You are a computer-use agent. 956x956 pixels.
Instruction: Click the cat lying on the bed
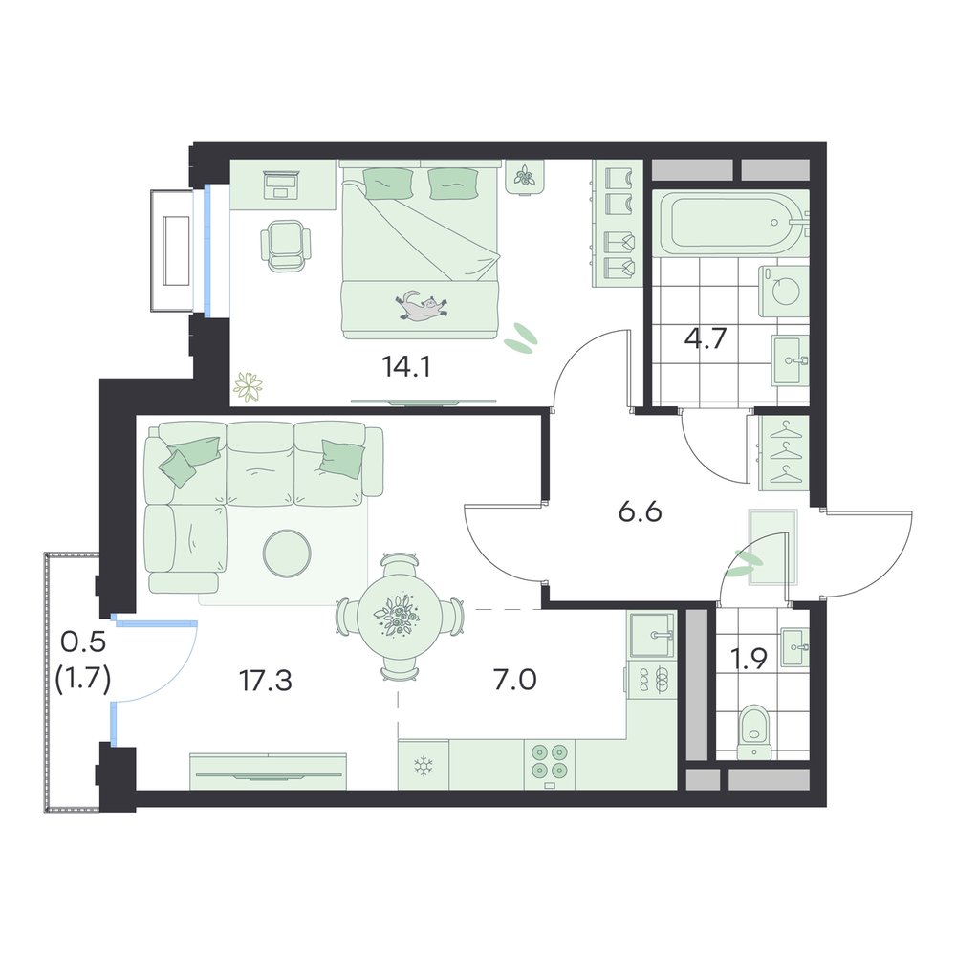pyautogui.click(x=421, y=306)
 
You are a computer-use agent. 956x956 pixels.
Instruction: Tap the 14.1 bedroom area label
pyautogui.click(x=406, y=366)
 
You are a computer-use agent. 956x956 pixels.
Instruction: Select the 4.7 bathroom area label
pyautogui.click(x=705, y=337)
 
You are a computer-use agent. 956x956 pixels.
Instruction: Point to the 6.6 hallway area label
pyautogui.click(x=640, y=512)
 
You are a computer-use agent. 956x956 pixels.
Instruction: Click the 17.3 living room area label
pyautogui.click(x=266, y=680)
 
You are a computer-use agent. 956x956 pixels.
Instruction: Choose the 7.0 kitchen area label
pyautogui.click(x=514, y=679)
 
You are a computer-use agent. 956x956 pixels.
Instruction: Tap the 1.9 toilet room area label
pyautogui.click(x=749, y=659)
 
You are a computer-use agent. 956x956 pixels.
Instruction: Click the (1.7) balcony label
pyautogui.click(x=83, y=678)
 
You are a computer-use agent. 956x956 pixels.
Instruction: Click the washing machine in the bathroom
pyautogui.click(x=784, y=291)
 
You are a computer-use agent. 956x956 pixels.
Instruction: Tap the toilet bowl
pyautogui.click(x=755, y=732)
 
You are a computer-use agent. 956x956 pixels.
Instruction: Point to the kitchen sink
pyautogui.click(x=652, y=636)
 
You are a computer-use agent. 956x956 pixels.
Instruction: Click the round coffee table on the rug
pyautogui.click(x=287, y=553)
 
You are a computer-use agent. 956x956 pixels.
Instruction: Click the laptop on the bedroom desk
pyautogui.click(x=280, y=185)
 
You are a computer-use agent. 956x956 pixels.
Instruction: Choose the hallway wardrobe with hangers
pyautogui.click(x=784, y=453)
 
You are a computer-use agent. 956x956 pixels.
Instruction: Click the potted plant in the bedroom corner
pyautogui.click(x=248, y=386)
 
